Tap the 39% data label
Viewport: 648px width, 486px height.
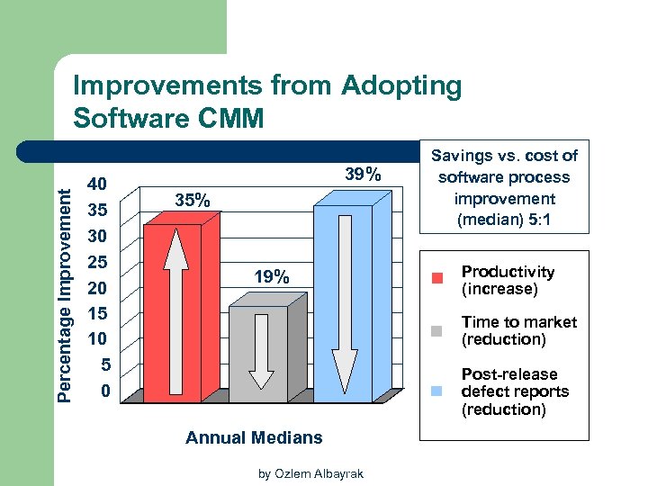[x=364, y=175]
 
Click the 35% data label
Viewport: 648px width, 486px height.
[x=192, y=201]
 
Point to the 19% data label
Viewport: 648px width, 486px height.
[x=271, y=277]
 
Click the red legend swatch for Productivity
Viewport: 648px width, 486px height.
[x=437, y=280]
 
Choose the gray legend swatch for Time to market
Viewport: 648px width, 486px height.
[x=437, y=330]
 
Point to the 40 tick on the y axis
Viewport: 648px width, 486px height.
[x=96, y=184]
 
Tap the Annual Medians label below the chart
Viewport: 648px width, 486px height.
[x=253, y=438]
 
